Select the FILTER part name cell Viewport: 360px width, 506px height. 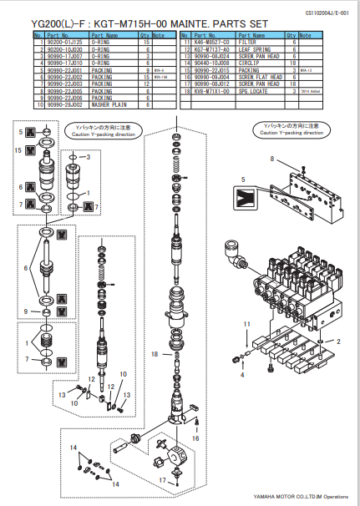coord(251,42)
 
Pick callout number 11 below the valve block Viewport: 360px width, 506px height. coord(246,322)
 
